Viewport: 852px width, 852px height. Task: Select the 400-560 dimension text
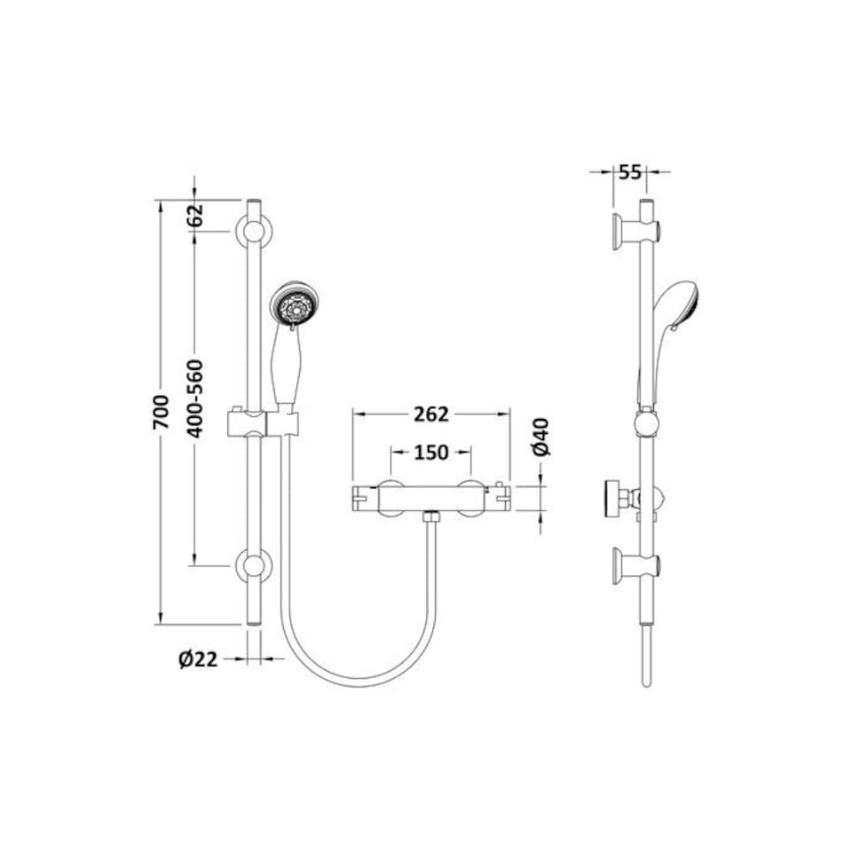pos(195,397)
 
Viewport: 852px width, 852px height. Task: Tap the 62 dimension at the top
pos(196,214)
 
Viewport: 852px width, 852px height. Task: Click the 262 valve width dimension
pos(431,414)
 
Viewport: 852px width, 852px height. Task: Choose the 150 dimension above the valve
pos(431,452)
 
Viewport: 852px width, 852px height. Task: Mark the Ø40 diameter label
pos(542,437)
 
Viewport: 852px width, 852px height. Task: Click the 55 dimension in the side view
pos(629,171)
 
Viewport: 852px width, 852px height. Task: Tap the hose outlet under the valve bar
pos(432,517)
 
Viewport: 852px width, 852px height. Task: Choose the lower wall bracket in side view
pos(632,564)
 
